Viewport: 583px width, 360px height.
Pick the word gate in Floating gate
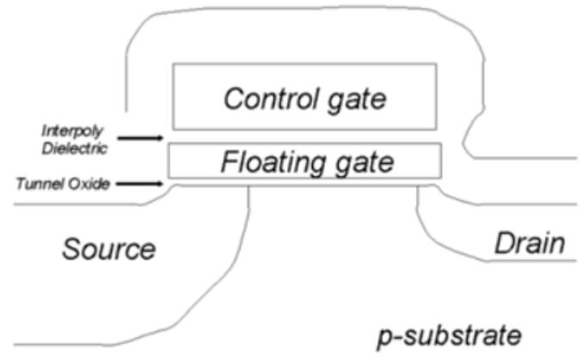pos(363,162)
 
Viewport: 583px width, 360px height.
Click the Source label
pos(108,249)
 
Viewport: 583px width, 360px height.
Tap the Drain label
pos(529,244)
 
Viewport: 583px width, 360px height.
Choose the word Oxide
pos(89,183)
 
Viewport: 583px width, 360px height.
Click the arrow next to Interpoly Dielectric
pos(139,137)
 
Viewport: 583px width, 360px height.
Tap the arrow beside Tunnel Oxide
pos(139,183)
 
